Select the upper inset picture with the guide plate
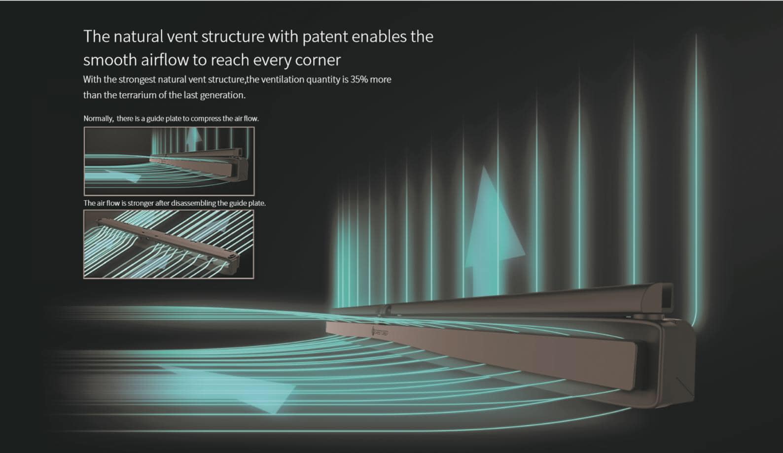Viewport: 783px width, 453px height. [169, 161]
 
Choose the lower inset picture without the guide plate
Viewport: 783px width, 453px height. [169, 244]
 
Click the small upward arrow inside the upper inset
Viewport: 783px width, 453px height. [193, 139]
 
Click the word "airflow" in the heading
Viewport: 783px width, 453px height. [165, 60]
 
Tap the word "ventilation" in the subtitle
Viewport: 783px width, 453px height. [283, 79]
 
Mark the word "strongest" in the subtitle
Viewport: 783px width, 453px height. [137, 80]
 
